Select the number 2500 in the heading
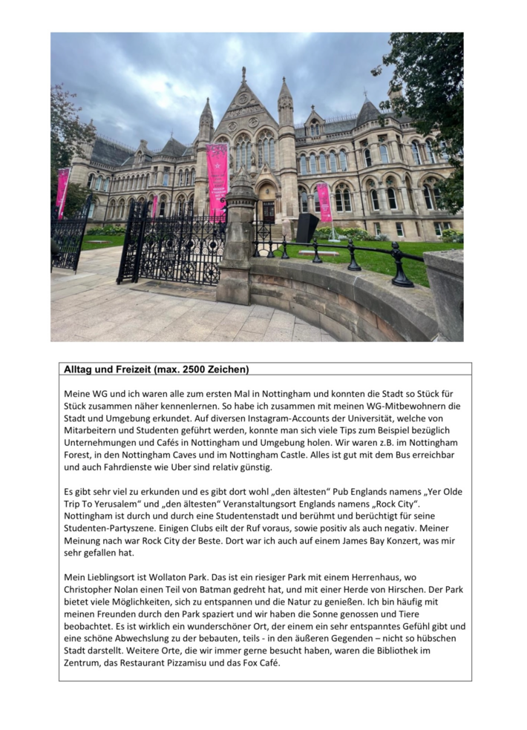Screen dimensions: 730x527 click(x=197, y=369)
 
